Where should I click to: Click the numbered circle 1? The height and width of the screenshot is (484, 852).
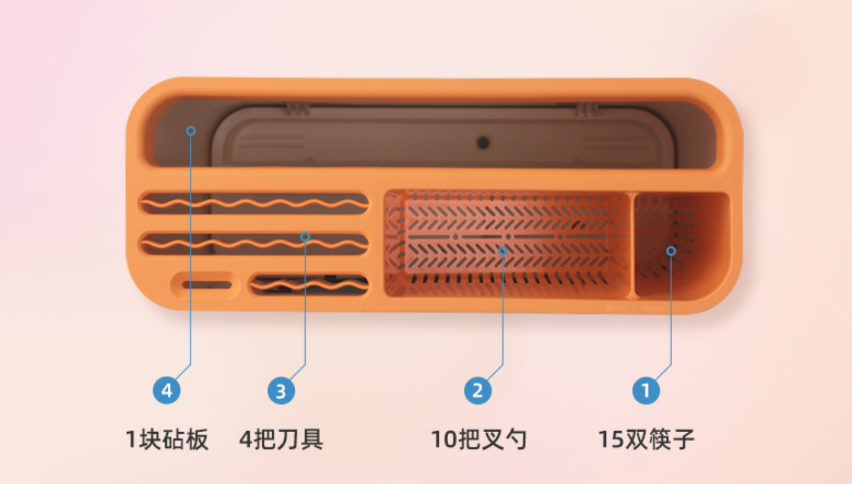tap(646, 391)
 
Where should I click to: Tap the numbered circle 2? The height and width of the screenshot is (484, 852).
tap(477, 391)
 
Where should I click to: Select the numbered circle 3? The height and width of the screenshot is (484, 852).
tap(281, 392)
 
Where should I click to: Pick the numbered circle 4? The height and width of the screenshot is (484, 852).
tap(167, 392)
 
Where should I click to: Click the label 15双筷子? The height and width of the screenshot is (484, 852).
tap(647, 440)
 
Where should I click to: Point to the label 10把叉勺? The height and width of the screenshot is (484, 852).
tap(479, 440)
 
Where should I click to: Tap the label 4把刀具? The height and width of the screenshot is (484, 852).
tap(282, 440)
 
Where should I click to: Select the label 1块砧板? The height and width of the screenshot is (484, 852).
tap(167, 440)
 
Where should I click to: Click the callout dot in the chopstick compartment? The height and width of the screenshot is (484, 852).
tap(671, 250)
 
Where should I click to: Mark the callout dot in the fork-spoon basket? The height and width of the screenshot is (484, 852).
tap(503, 250)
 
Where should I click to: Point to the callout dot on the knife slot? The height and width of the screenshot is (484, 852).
tap(305, 237)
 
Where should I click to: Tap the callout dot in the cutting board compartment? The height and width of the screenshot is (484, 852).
tap(191, 131)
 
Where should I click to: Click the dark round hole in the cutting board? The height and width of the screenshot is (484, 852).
tap(483, 143)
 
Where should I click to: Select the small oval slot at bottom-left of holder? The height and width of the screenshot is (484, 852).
tap(206, 285)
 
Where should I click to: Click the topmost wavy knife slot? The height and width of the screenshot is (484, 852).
tap(253, 204)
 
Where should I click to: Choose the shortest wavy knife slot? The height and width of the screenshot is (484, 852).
tap(309, 285)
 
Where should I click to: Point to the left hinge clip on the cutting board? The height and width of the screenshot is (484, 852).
tap(298, 110)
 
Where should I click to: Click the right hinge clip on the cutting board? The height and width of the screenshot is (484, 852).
tap(585, 110)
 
